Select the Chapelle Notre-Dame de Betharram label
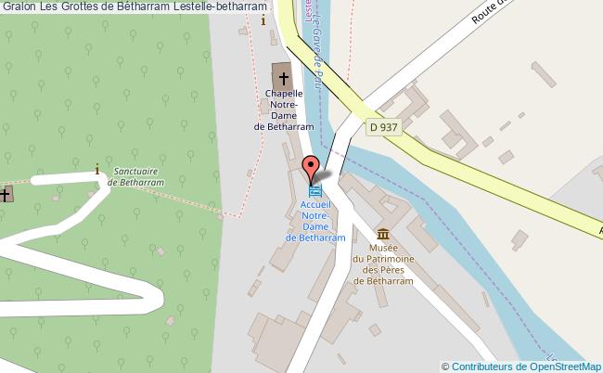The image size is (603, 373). (x=284, y=110)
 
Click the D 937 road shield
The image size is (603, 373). (x=384, y=126)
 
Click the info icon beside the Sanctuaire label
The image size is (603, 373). (x=97, y=169)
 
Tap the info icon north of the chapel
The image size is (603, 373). (x=264, y=19)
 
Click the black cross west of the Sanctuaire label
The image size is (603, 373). (x=6, y=194)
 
